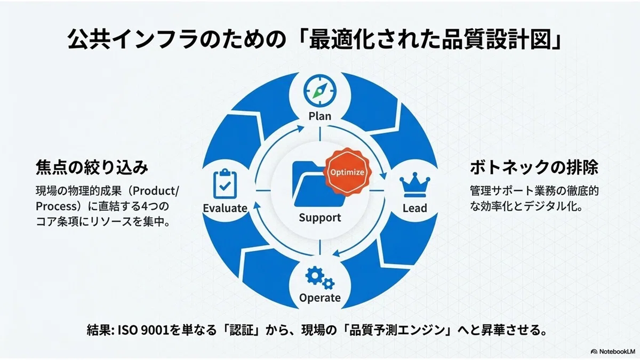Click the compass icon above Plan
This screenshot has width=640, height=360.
(319, 91)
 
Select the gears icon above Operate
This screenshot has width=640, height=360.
(320, 277)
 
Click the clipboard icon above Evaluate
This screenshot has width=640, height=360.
(225, 183)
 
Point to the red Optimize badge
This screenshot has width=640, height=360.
(347, 172)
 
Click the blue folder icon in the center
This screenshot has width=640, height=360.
(317, 185)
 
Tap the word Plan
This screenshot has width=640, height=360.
(320, 116)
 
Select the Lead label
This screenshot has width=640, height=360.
(415, 208)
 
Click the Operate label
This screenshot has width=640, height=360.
(320, 298)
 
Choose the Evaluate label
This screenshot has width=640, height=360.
(225, 208)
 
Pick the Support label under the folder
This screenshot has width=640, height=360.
(320, 218)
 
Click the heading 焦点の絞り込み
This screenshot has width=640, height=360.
(92, 167)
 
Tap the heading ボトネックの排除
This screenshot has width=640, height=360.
(534, 167)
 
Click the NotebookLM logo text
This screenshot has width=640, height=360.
(617, 351)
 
